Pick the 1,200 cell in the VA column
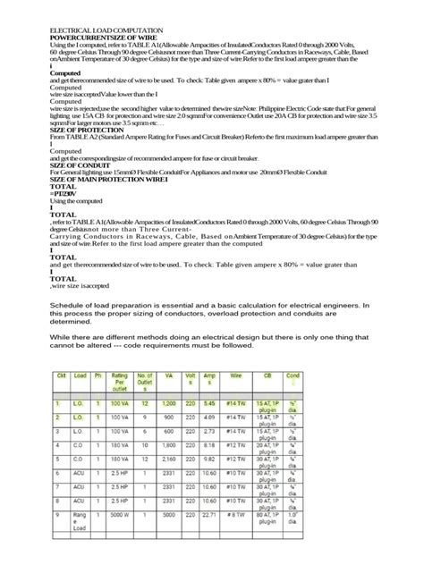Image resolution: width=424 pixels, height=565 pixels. coord(169,404)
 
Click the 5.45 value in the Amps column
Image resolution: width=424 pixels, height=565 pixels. coord(209,404)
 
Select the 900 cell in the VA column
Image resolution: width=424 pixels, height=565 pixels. coord(169,417)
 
